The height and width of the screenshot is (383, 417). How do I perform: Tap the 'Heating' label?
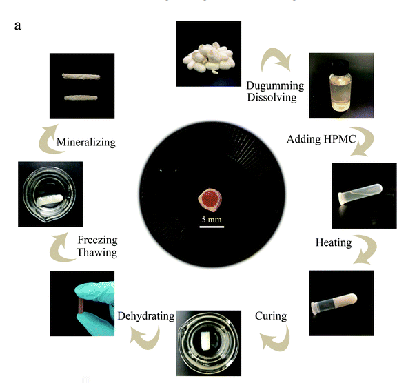coord(334,242)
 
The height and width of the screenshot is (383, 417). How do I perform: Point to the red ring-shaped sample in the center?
coord(211,200)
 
